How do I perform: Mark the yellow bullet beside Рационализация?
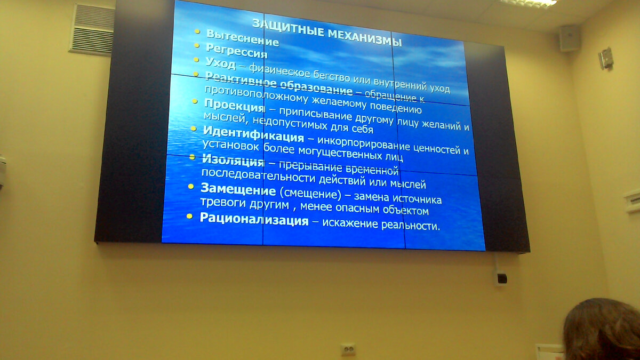pyautogui.click(x=189, y=216)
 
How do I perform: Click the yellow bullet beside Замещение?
pyautogui.click(x=190, y=186)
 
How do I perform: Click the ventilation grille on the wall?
pyautogui.click(x=92, y=29)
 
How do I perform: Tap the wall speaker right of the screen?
pyautogui.click(x=569, y=38)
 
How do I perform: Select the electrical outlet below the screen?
pyautogui.click(x=348, y=349)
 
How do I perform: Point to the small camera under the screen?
pyautogui.click(x=501, y=277)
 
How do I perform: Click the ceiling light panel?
pyautogui.click(x=528, y=3)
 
